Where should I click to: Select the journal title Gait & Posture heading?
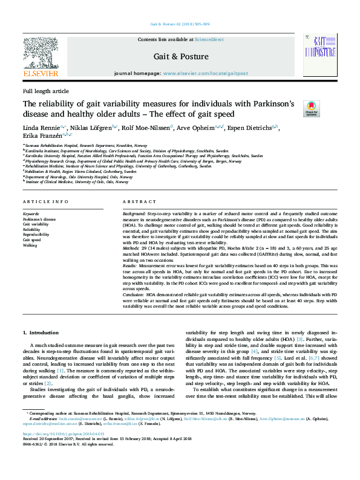tap(182, 57)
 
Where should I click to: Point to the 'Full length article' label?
tap(45, 91)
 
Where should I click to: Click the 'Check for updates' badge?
tap(311, 108)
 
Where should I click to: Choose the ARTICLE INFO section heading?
tap(45, 201)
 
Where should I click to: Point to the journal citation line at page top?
tap(180, 25)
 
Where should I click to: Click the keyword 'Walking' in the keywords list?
tap(30, 245)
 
